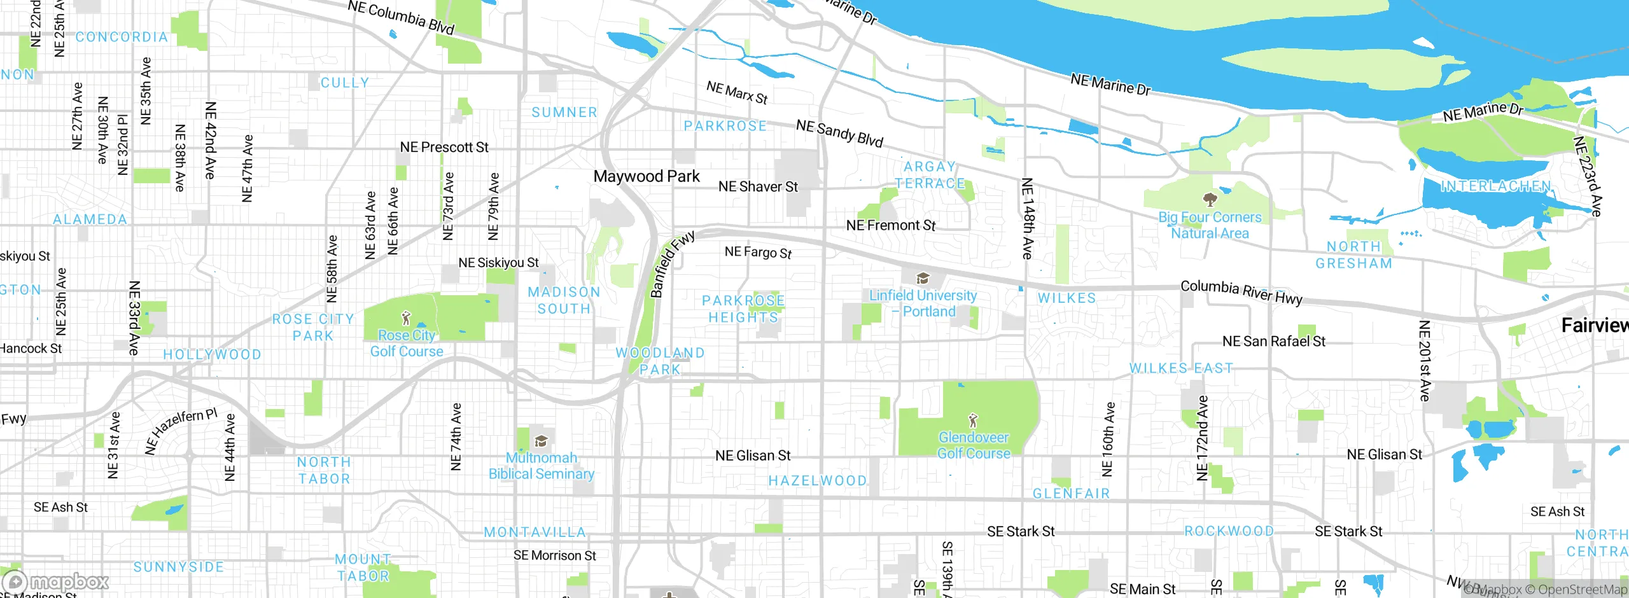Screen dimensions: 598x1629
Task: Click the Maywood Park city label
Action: tap(646, 176)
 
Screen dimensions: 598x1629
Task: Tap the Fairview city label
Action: tap(1594, 326)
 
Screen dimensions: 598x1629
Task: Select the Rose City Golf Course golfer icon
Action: tap(407, 317)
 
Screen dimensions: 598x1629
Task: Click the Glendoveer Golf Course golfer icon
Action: tap(972, 420)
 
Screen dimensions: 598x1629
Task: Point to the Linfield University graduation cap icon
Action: tap(923, 279)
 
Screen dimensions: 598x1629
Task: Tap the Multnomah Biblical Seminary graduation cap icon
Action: tap(541, 441)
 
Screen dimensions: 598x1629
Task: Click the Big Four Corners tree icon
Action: tap(1210, 199)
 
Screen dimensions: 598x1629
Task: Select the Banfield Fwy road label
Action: tap(671, 265)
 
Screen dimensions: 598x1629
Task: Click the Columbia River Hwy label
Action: tap(1241, 291)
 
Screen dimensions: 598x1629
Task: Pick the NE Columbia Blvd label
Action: tap(401, 17)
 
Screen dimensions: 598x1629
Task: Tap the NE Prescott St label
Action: tap(444, 147)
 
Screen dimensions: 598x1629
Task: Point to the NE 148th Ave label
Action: tap(1027, 218)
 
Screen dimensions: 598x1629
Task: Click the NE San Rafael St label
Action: tap(1273, 341)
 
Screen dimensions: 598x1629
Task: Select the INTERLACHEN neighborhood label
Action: tap(1495, 186)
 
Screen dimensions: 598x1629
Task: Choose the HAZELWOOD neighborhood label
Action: tap(817, 481)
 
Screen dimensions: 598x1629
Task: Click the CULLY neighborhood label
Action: tap(344, 83)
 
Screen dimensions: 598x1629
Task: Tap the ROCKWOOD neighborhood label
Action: tap(1229, 531)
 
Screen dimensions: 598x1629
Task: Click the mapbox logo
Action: tap(56, 581)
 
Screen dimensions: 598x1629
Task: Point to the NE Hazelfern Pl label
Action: tap(181, 431)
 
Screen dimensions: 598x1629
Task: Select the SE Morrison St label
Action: tap(554, 555)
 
